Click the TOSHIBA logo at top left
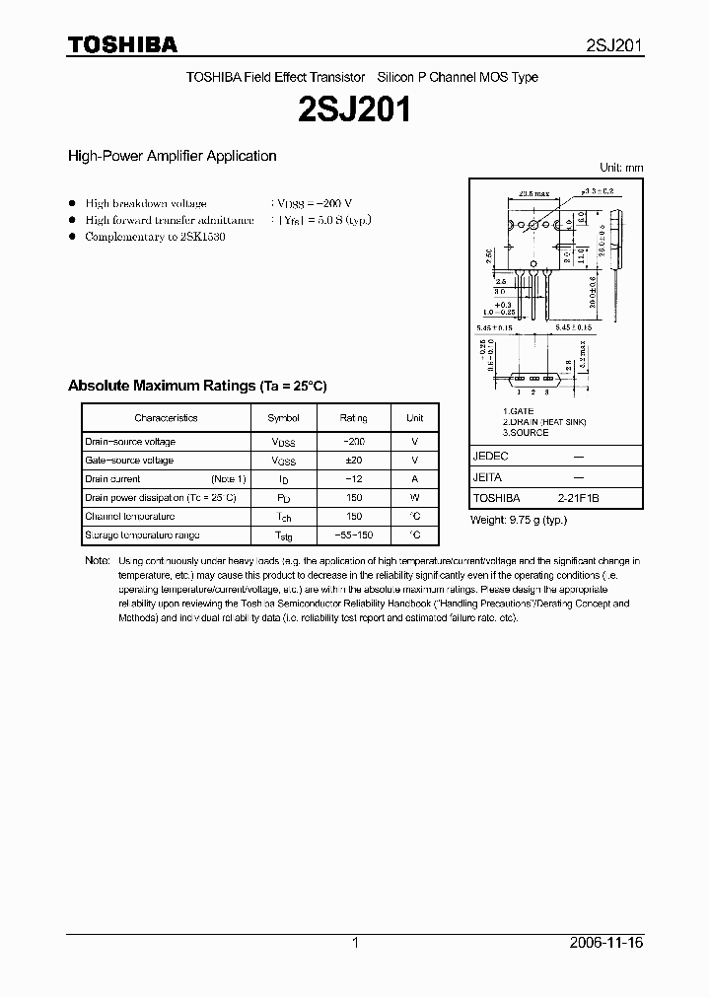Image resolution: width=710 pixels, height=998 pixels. [x=122, y=44]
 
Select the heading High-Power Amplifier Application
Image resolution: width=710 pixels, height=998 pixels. [x=172, y=156]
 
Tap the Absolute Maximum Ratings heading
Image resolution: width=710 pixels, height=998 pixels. [x=196, y=386]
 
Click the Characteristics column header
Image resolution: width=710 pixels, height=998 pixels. [x=166, y=418]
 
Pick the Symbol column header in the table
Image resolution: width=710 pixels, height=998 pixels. [x=283, y=418]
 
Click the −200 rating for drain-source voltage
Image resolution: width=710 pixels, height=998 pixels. [x=353, y=442]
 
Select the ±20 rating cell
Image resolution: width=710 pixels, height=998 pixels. [x=353, y=461]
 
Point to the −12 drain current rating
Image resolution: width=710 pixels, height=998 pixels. [x=353, y=479]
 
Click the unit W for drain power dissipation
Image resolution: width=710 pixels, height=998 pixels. [x=414, y=498]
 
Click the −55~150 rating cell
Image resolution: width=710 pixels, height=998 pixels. [x=353, y=535]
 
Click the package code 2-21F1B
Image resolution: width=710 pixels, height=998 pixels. [x=578, y=499]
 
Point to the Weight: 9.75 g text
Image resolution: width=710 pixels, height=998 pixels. [x=518, y=520]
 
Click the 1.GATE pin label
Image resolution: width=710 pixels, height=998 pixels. [x=519, y=410]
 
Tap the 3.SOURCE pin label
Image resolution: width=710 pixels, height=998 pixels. [x=525, y=432]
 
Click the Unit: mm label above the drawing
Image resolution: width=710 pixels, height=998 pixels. [x=621, y=168]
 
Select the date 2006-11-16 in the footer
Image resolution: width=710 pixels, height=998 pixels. [x=607, y=943]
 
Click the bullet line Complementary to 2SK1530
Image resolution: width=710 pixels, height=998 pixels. [x=155, y=238]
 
